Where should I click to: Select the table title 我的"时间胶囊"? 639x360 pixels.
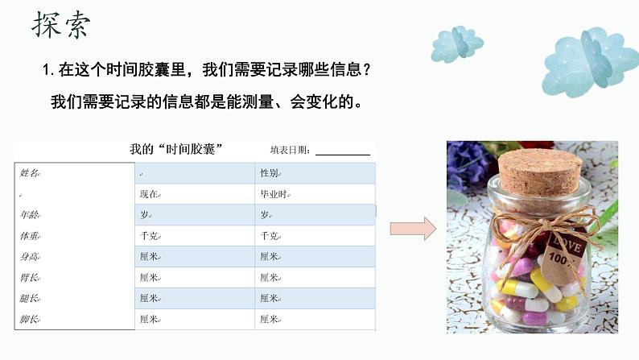click(x=176, y=150)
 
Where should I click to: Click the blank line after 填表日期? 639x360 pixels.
click(x=343, y=151)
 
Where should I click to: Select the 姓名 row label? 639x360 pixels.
click(x=29, y=173)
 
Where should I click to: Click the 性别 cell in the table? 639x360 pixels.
click(x=270, y=173)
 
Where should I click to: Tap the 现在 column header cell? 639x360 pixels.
click(x=149, y=194)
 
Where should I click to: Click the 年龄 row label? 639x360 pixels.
click(x=29, y=215)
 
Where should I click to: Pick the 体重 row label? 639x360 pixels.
click(x=29, y=236)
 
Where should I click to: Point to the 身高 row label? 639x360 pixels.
click(x=29, y=257)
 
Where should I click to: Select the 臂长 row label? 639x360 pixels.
click(x=29, y=278)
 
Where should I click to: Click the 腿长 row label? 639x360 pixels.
click(x=29, y=299)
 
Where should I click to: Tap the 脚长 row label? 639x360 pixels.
click(x=29, y=320)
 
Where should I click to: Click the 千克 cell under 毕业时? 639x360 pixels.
click(x=270, y=236)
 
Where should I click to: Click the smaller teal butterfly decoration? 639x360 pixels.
click(x=456, y=43)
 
